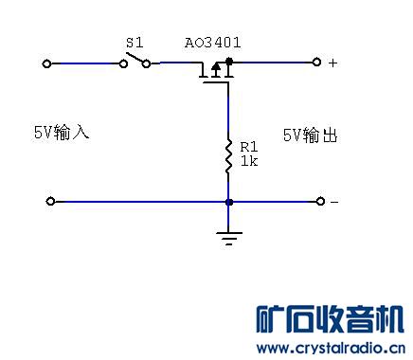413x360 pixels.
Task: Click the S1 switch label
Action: coord(134,44)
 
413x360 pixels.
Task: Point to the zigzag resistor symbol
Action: coord(228,157)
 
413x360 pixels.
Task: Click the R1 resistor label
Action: coord(248,148)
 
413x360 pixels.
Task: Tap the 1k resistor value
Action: coord(248,161)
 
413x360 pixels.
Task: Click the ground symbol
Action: coord(228,237)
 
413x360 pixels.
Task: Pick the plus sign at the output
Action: coord(332,63)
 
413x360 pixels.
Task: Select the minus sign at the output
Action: coord(333,202)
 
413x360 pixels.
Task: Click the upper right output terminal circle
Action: coord(317,63)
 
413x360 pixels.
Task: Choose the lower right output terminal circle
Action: coord(317,201)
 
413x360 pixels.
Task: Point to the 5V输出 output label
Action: coord(310,135)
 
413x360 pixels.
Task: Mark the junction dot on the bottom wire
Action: coord(228,201)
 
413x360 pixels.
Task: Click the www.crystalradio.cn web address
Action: coord(332,348)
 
